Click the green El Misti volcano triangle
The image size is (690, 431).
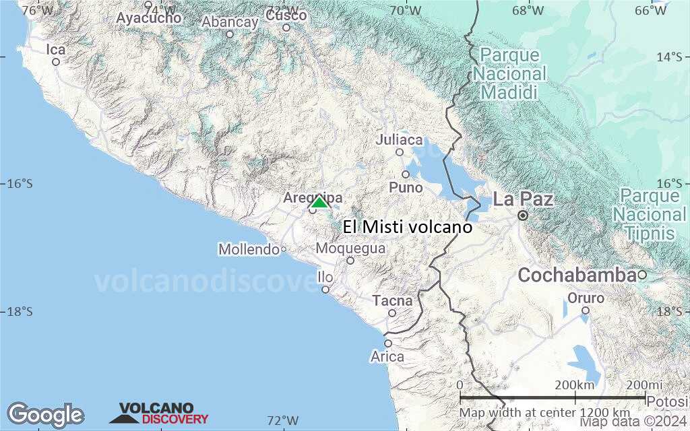pyautogui.click(x=319, y=202)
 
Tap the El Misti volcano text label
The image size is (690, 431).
pyautogui.click(x=407, y=227)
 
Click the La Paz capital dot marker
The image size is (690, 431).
pyautogui.click(x=522, y=215)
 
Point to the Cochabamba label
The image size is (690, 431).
pyautogui.click(x=577, y=275)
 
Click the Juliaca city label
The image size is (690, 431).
pyautogui.click(x=400, y=140)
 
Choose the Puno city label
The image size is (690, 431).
pyautogui.click(x=406, y=187)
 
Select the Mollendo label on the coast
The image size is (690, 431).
pyautogui.click(x=249, y=250)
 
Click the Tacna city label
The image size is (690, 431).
pyautogui.click(x=392, y=300)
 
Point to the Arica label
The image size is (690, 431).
pyautogui.click(x=387, y=356)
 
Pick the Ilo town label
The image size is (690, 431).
pyautogui.click(x=325, y=277)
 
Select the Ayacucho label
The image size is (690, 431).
pyautogui.click(x=148, y=18)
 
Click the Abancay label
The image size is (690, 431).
pyautogui.click(x=230, y=22)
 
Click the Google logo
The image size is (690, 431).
pyautogui.click(x=45, y=415)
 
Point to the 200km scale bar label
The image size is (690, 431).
pyautogui.click(x=575, y=385)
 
